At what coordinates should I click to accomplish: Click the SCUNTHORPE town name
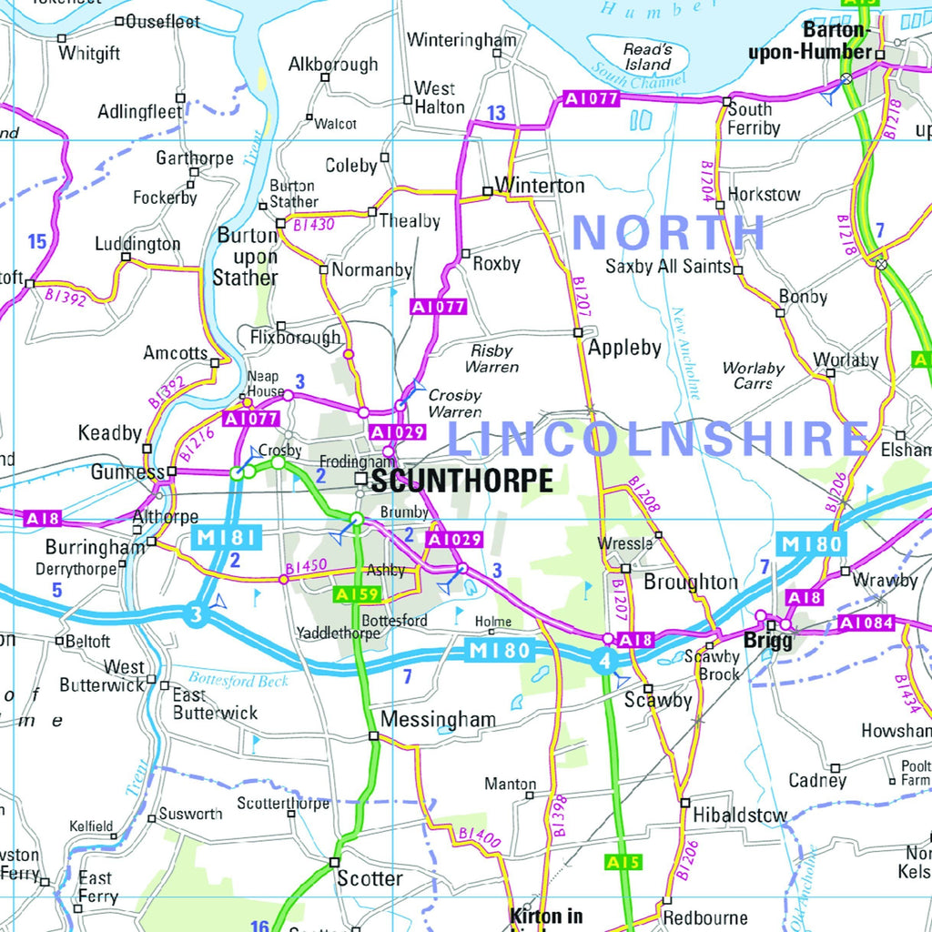[461, 481]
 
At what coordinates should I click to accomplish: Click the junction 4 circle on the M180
[603, 662]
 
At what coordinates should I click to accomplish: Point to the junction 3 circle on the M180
[196, 614]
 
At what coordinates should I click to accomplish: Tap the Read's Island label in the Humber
[647, 56]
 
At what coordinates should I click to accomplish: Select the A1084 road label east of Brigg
[866, 623]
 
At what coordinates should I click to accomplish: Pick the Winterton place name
[540, 186]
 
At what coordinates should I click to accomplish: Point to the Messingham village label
[438, 720]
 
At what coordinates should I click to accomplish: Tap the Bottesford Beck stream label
[238, 680]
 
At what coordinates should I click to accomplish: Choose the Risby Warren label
[492, 359]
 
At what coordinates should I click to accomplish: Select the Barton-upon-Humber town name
[809, 43]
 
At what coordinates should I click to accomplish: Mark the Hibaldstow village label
[739, 815]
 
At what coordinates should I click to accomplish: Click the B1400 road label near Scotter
[480, 839]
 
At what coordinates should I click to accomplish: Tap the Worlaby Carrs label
[753, 375]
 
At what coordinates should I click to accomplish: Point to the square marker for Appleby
[578, 332]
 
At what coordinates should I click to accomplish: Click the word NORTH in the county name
[669, 232]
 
